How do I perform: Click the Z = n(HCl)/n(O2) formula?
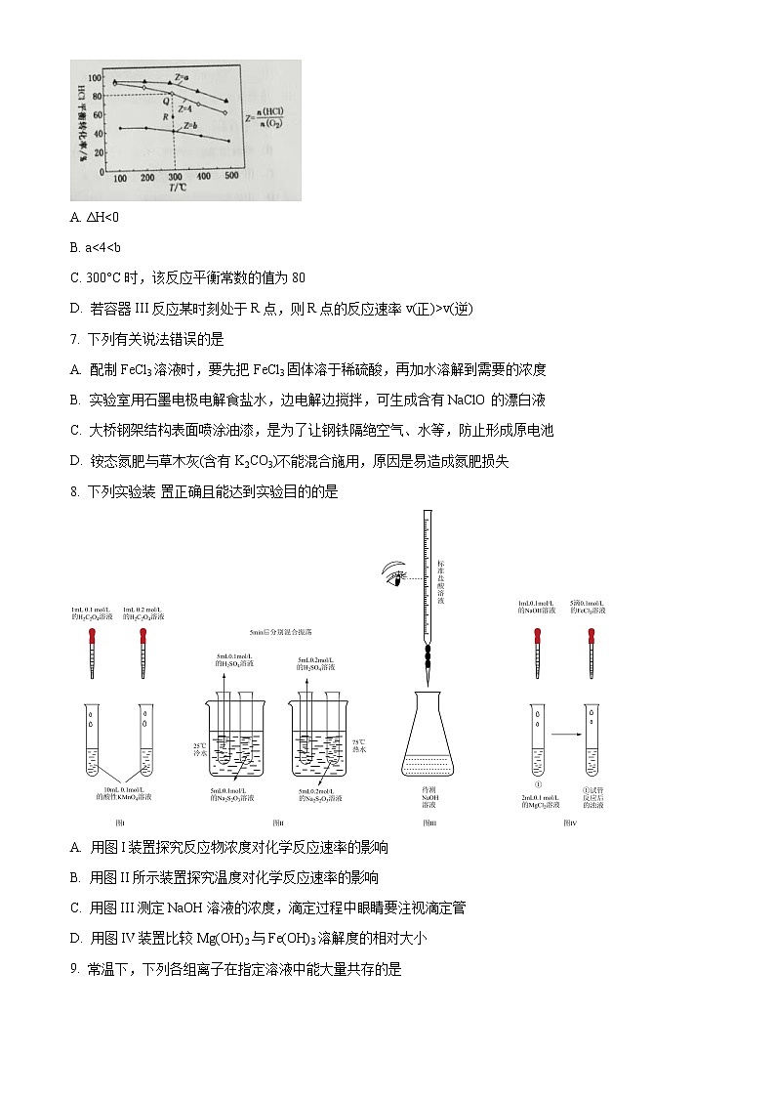click(258, 118)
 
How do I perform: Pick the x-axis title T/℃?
click(177, 189)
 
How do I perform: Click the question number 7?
click(75, 339)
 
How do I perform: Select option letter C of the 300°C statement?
click(75, 277)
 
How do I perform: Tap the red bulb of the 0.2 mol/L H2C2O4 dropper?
click(143, 635)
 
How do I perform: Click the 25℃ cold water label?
click(199, 750)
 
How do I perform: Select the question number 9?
click(75, 970)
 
